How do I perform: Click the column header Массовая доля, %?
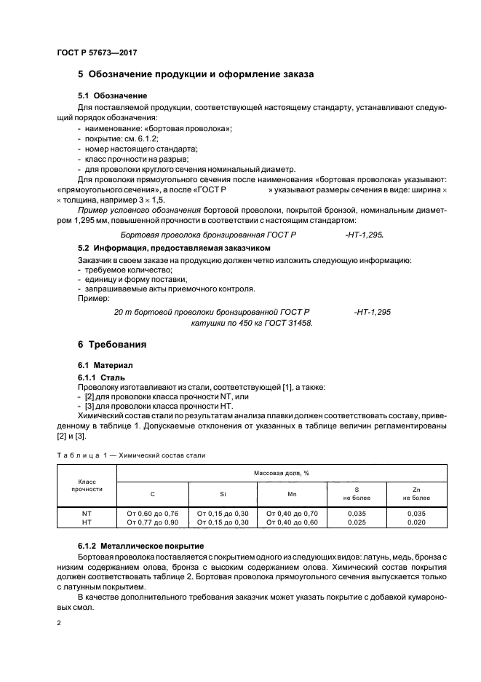(x=281, y=473)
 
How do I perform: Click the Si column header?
(x=223, y=494)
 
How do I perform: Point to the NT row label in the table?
(x=87, y=513)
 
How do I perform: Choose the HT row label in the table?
(x=87, y=522)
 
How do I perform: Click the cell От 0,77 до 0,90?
(x=152, y=522)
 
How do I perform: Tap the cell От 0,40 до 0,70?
(x=293, y=513)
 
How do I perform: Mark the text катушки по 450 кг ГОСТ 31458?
(x=251, y=322)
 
